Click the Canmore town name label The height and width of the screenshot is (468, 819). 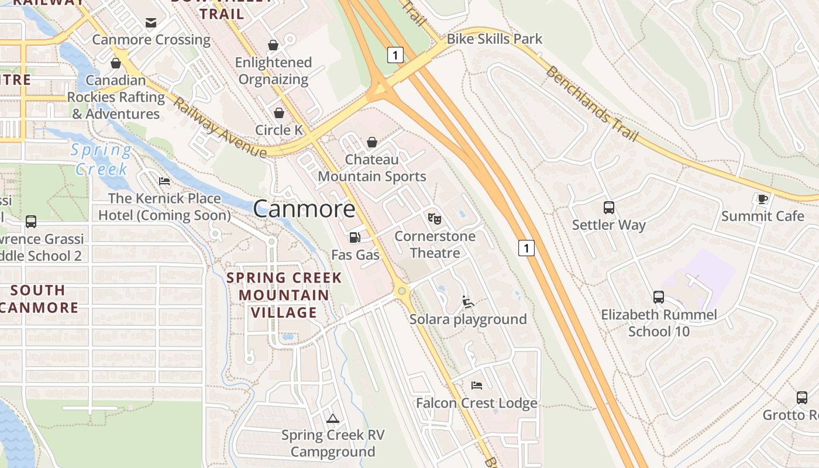[304, 209]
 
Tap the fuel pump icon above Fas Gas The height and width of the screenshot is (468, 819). [355, 237]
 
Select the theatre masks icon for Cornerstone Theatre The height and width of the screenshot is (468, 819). [434, 219]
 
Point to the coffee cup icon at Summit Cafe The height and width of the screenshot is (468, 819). [762, 199]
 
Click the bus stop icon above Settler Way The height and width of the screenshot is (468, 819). [608, 207]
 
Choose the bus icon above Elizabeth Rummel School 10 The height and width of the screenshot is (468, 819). [659, 297]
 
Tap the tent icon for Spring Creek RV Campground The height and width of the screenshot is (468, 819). [333, 418]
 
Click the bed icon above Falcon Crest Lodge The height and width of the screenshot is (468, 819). [477, 386]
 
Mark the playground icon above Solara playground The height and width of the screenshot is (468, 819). [467, 302]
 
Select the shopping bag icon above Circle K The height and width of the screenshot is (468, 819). [279, 112]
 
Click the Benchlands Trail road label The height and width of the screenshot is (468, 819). [591, 104]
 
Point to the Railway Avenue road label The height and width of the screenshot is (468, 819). [220, 128]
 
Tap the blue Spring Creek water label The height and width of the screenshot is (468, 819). [101, 160]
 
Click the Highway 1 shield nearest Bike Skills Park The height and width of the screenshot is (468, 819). [395, 56]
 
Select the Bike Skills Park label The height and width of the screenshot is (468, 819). [494, 39]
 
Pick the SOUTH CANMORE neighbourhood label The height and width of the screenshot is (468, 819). [39, 299]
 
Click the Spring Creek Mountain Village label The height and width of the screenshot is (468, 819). [284, 295]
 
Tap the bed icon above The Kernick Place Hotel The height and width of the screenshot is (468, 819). [164, 181]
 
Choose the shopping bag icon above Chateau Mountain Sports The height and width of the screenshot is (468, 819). [371, 142]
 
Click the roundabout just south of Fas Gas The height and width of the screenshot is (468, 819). [401, 291]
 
